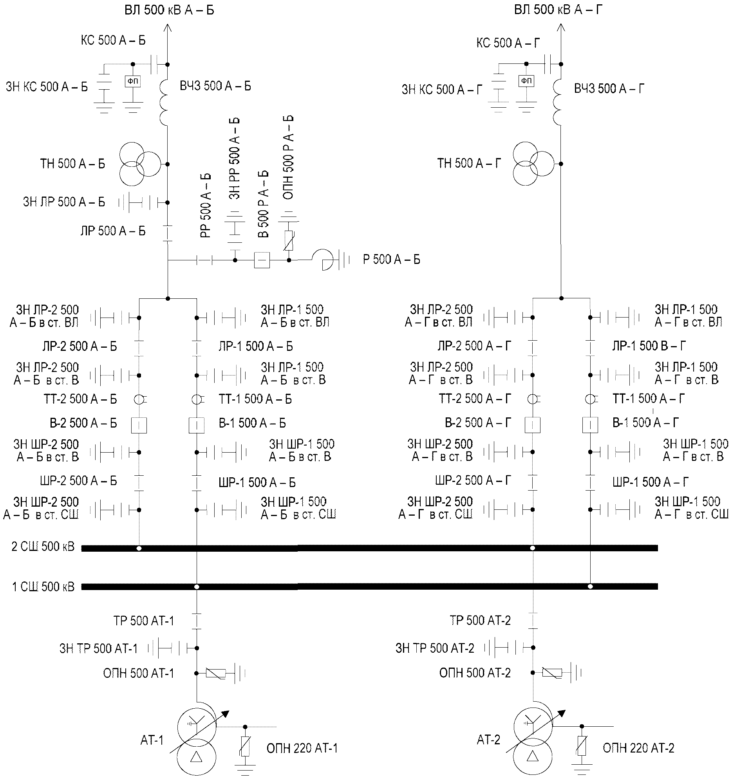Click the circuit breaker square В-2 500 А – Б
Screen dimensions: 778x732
click(139, 425)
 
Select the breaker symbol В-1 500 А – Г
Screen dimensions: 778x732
click(590, 425)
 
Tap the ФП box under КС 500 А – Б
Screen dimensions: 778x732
click(133, 81)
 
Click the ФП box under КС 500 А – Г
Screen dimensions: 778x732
click(526, 81)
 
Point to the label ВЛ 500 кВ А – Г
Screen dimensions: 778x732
click(558, 9)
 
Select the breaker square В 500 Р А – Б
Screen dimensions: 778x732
click(262, 260)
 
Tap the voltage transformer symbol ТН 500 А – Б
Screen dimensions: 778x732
click(139, 164)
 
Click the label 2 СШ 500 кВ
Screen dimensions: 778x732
click(43, 547)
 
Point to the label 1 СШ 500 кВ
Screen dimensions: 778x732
click(43, 587)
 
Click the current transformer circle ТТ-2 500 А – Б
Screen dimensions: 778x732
click(139, 399)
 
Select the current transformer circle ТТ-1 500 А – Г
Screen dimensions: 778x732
click(590, 399)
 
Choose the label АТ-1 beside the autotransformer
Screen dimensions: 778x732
click(152, 740)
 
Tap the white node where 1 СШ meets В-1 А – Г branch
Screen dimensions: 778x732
click(590, 587)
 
